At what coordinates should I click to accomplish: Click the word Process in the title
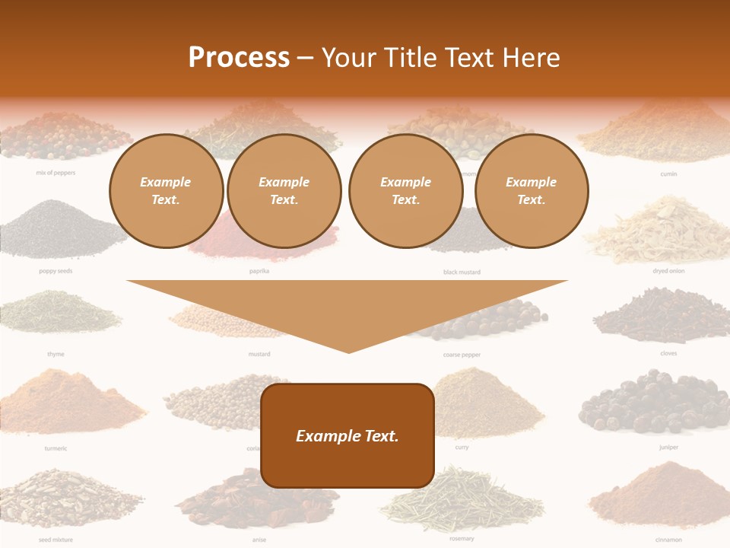pyautogui.click(x=239, y=58)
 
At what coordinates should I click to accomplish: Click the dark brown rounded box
pyautogui.click(x=348, y=435)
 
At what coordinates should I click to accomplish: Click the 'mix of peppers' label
pyautogui.click(x=56, y=173)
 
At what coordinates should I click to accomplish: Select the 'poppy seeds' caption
pyautogui.click(x=56, y=271)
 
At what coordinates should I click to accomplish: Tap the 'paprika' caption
pyautogui.click(x=259, y=271)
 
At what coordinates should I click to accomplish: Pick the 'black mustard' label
pyautogui.click(x=462, y=272)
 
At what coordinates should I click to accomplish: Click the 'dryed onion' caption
pyautogui.click(x=668, y=271)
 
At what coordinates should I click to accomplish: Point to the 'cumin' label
pyautogui.click(x=668, y=174)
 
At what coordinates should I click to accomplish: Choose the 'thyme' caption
pyautogui.click(x=56, y=354)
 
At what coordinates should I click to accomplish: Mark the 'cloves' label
pyautogui.click(x=668, y=353)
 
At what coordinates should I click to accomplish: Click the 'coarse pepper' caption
pyautogui.click(x=462, y=355)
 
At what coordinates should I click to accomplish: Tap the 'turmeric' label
pyautogui.click(x=56, y=448)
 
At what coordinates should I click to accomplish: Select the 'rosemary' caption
pyautogui.click(x=462, y=539)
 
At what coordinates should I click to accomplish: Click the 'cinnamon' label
pyautogui.click(x=668, y=540)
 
